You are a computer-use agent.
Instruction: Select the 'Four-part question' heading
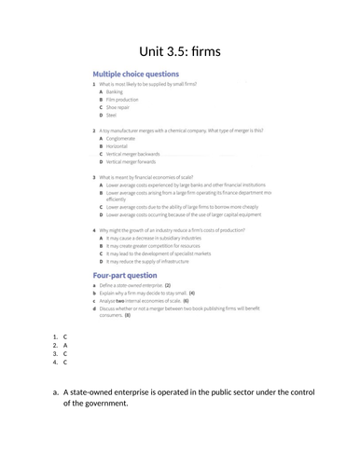124,276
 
